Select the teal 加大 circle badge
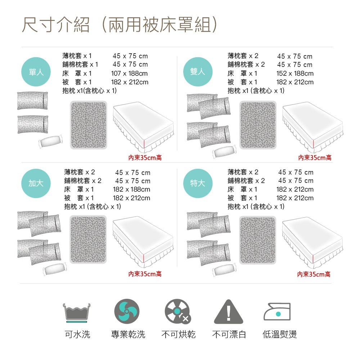coord(36,183)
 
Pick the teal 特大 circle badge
coord(198,183)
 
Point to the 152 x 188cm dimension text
coord(295,73)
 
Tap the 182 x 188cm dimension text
coord(131,189)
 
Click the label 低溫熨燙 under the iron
coord(280,334)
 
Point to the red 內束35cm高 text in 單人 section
coord(145,158)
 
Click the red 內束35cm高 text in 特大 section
coord(314,274)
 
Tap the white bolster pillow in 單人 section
coord(51,141)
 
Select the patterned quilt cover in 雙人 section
coord(258,125)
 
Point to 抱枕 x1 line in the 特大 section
coord(256,207)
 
